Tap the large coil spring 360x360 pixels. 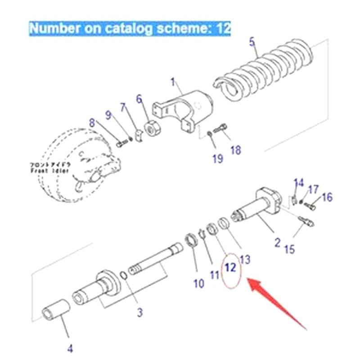265,70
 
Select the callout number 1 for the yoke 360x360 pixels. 173,82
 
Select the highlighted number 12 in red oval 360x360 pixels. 230,268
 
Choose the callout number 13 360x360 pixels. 245,259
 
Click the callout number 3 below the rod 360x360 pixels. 140,311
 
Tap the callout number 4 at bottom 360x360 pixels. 70,348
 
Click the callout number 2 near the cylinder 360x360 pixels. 277,243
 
